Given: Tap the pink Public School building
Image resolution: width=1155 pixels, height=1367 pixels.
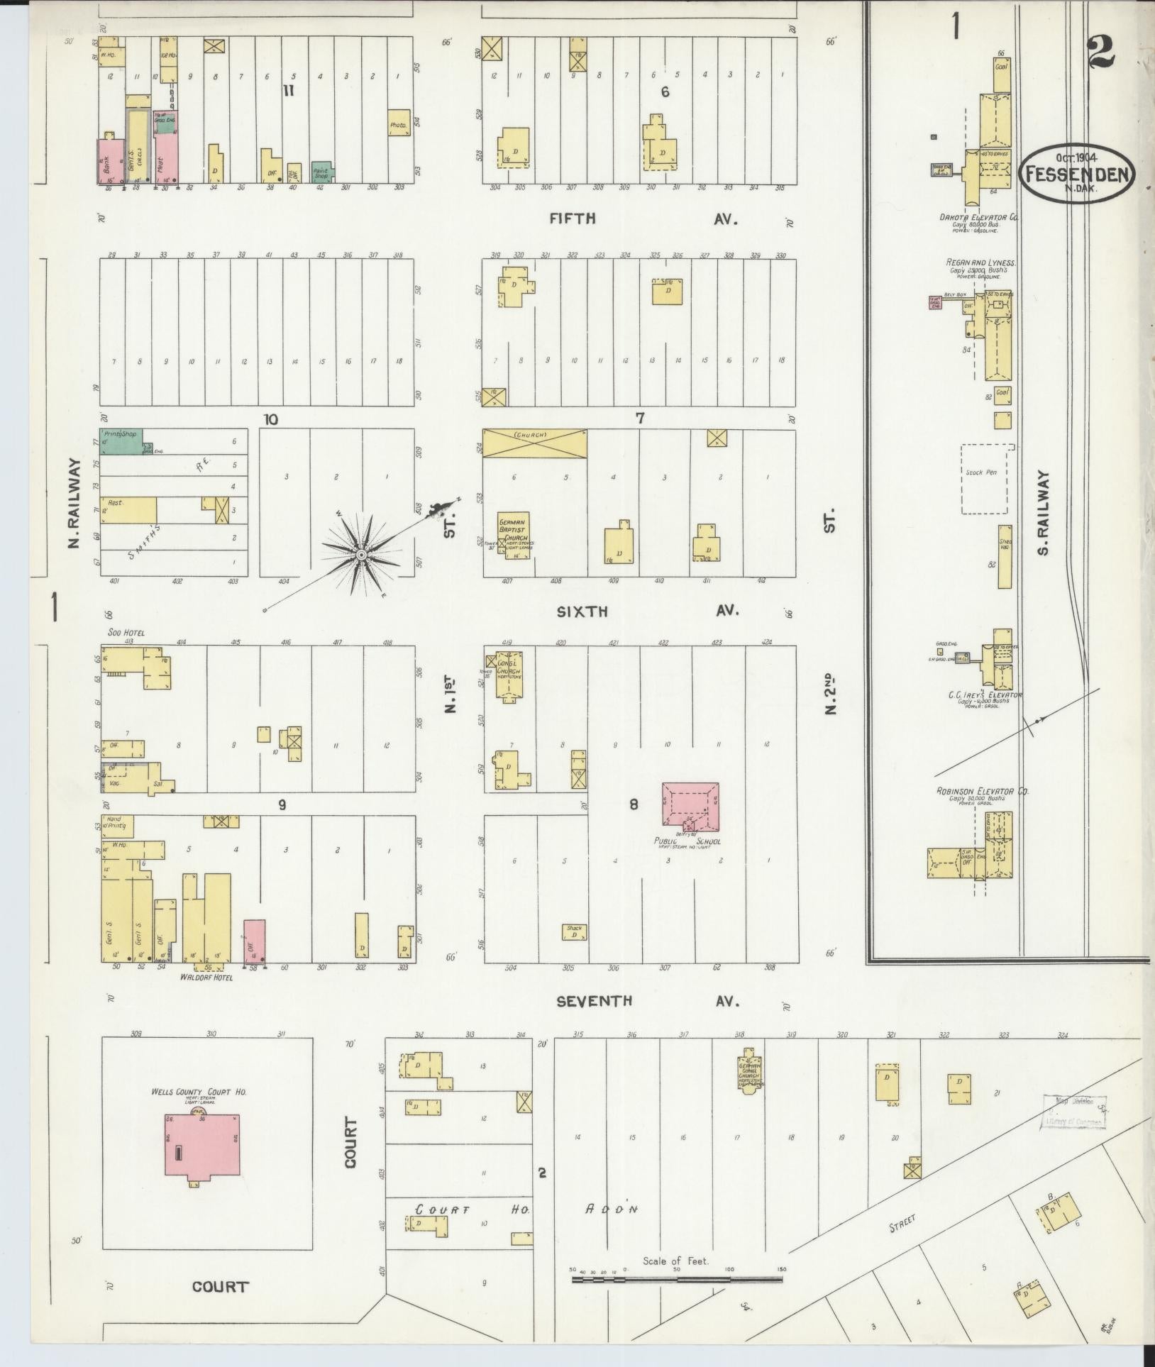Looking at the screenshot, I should pos(690,805).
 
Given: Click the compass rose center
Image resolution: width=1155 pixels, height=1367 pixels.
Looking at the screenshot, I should pos(360,554).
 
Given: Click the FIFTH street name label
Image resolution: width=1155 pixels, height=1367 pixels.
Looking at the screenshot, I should pos(572,219).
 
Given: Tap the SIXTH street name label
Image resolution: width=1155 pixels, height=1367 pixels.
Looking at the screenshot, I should pos(582,611).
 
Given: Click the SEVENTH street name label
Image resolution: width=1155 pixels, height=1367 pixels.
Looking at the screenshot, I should pos(593,1002).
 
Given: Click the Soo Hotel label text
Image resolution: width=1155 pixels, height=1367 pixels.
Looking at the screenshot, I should pos(121,633).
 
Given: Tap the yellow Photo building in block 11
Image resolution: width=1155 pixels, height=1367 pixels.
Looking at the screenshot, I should pos(399,123).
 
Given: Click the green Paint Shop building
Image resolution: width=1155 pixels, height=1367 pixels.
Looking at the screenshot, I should pos(322,171).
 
